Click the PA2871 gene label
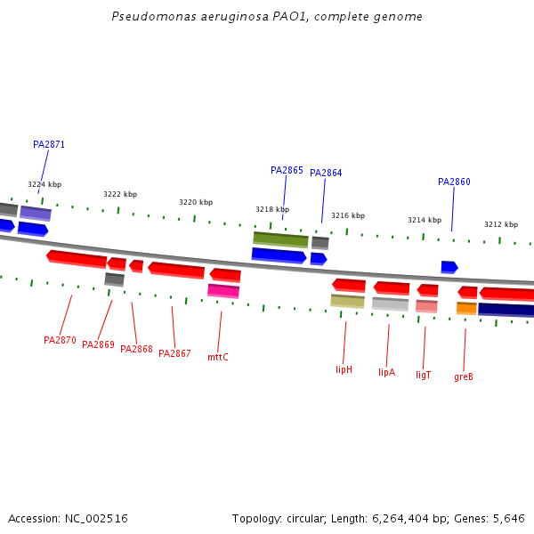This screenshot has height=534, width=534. (x=49, y=144)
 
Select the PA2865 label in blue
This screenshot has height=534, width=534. (x=287, y=170)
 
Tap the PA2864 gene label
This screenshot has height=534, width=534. (x=326, y=173)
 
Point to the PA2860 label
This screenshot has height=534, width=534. (x=454, y=182)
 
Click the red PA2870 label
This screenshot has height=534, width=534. (x=60, y=340)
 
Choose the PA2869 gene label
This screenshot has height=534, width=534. (x=98, y=344)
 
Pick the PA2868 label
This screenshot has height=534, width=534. (x=136, y=349)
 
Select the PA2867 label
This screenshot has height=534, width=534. (x=174, y=353)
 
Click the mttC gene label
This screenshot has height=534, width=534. (x=218, y=357)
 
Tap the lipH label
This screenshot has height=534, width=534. (x=344, y=369)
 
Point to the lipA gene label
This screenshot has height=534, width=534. (x=386, y=372)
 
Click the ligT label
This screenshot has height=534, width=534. (x=423, y=375)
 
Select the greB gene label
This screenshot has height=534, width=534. (x=464, y=376)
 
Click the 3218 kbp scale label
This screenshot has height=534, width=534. (x=271, y=209)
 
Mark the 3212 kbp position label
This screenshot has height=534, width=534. (x=500, y=224)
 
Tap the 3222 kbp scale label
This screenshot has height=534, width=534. (x=120, y=194)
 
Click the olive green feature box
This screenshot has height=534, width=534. (x=280, y=239)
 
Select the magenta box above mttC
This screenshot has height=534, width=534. (x=223, y=290)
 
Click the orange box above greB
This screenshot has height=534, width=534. (x=466, y=308)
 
